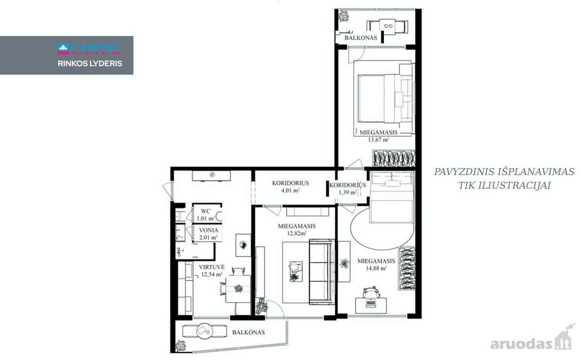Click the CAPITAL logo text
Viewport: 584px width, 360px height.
(x=96, y=49)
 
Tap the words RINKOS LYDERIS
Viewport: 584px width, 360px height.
(x=90, y=64)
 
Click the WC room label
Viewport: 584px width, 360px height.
(x=205, y=211)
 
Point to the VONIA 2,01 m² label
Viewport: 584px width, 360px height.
(x=208, y=234)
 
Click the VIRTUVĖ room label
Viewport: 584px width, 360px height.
(x=211, y=267)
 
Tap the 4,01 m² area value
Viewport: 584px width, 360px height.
(x=290, y=190)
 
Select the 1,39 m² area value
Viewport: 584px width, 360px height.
(x=347, y=192)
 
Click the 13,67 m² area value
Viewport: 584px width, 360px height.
(x=379, y=140)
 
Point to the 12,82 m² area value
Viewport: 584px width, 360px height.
(x=297, y=234)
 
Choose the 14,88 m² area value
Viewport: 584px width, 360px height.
(x=376, y=268)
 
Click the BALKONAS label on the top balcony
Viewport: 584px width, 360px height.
(x=361, y=38)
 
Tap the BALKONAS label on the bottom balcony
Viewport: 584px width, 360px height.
(x=249, y=332)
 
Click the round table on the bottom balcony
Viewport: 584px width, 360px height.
(x=205, y=331)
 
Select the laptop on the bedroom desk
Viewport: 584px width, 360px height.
(x=371, y=303)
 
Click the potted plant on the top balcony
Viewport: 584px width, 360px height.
(x=344, y=16)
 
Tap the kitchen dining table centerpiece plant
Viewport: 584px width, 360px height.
(x=238, y=288)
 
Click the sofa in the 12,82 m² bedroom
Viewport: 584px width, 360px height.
(x=321, y=272)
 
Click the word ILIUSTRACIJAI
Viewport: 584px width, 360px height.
(x=505, y=186)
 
